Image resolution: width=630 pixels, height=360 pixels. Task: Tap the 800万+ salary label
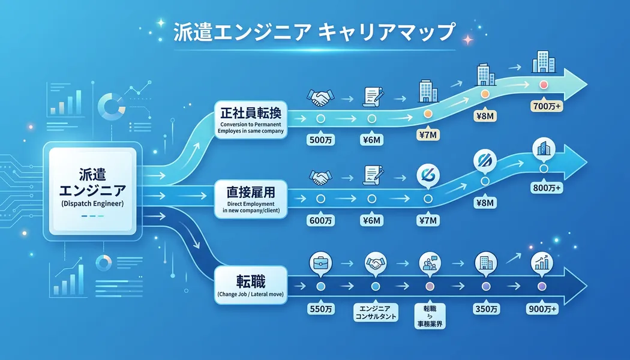tap(546, 188)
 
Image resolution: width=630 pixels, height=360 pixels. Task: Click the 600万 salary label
tap(320, 221)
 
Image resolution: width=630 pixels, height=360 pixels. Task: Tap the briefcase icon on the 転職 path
tap(318, 263)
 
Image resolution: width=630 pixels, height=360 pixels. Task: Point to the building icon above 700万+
tap(544, 62)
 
